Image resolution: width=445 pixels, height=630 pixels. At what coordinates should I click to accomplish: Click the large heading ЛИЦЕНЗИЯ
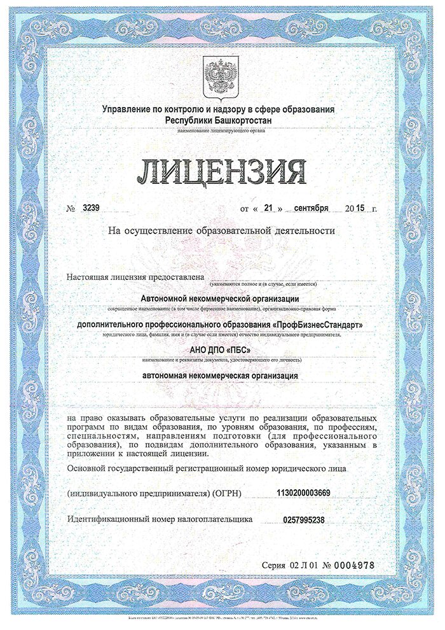point(222,170)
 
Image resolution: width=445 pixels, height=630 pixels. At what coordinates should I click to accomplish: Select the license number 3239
point(92,208)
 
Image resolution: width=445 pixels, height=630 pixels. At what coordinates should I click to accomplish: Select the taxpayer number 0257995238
point(304,520)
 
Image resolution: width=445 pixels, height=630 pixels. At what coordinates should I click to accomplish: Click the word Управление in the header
point(127,109)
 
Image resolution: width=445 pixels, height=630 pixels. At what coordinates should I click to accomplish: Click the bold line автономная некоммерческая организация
point(220,376)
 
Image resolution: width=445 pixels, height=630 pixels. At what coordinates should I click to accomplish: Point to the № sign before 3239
point(71,209)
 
